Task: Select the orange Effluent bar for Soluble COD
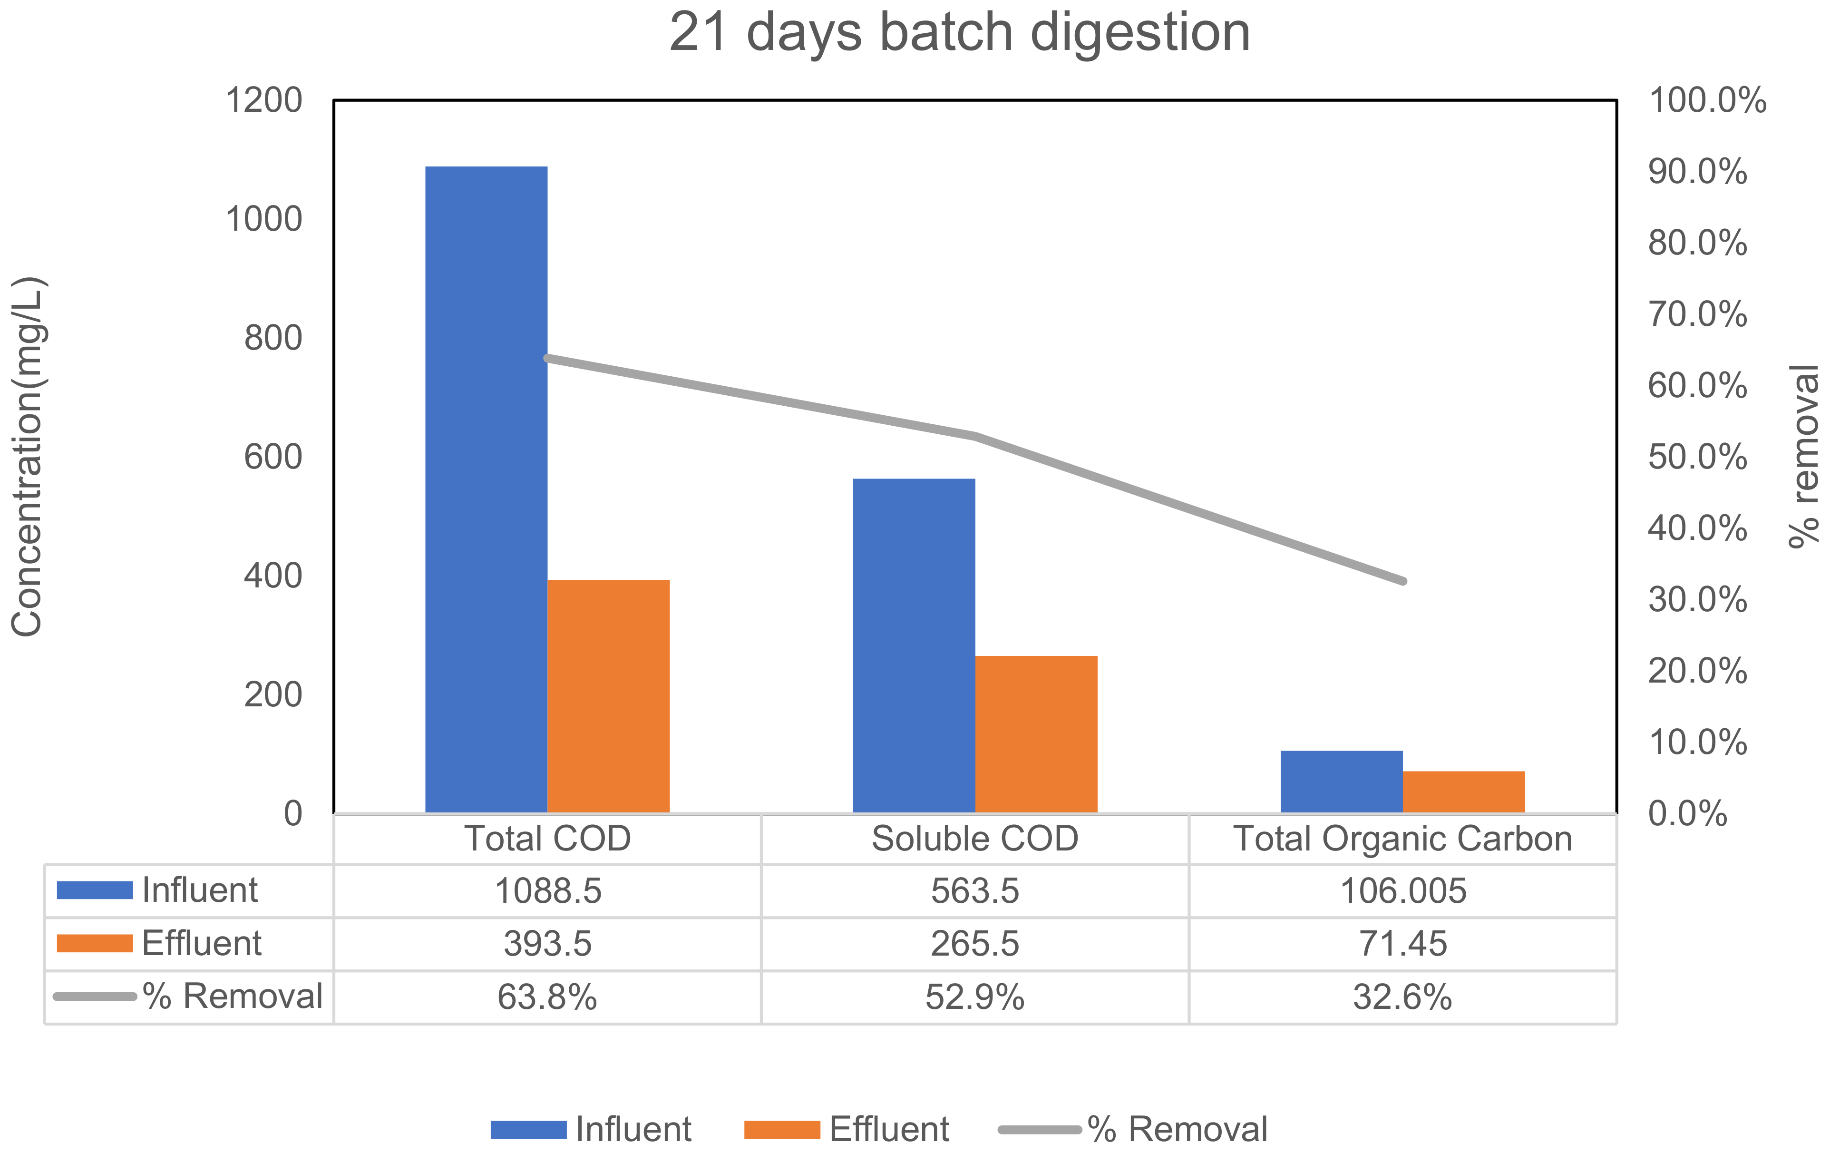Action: (x=1036, y=733)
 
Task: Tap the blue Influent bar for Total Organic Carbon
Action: (x=1341, y=782)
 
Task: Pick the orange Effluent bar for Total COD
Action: (x=608, y=695)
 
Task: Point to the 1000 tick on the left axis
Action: (x=264, y=220)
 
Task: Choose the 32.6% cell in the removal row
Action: (x=1402, y=997)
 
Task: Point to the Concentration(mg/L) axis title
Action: (x=28, y=456)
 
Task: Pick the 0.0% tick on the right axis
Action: (x=1687, y=813)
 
